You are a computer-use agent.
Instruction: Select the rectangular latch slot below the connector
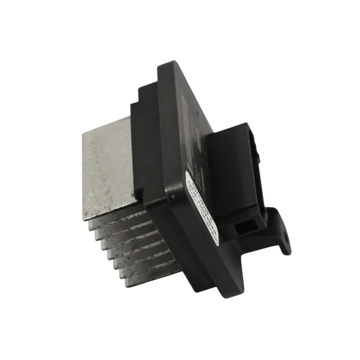245,228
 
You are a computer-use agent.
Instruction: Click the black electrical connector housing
235,173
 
